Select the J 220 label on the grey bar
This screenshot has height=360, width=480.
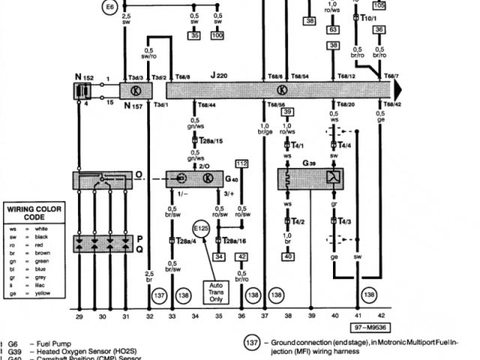(x=219, y=76)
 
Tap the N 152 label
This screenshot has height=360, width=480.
(x=83, y=76)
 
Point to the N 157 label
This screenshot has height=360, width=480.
(x=133, y=106)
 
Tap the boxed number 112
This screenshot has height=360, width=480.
(x=241, y=163)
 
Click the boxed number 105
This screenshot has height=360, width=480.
(x=379, y=5)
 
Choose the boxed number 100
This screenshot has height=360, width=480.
(x=217, y=35)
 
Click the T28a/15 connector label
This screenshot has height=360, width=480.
(x=215, y=141)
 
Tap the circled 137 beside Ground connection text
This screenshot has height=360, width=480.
(x=253, y=344)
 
